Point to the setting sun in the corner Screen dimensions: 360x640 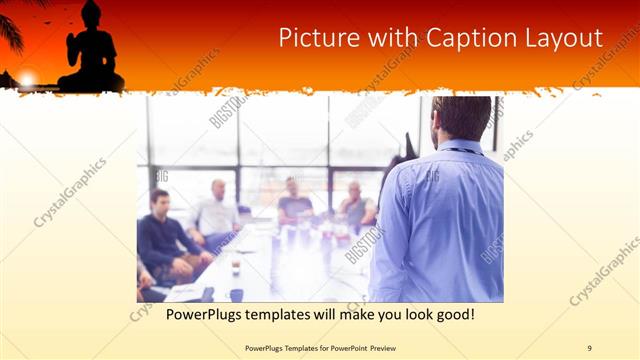coord(27,77)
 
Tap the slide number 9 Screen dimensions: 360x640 coord(589,347)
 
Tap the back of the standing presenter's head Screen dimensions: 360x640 coord(461,116)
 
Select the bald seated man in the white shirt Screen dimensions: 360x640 coord(216,212)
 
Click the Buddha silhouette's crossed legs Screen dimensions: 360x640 coord(91,82)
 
